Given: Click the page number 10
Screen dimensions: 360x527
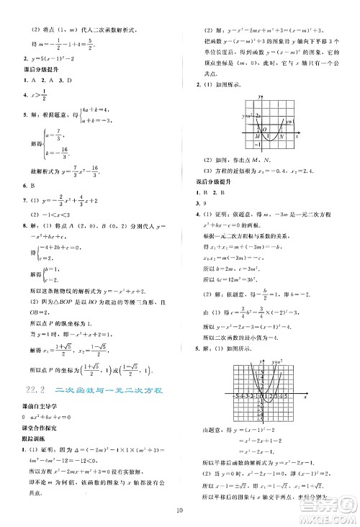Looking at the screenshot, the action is point(180,512).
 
